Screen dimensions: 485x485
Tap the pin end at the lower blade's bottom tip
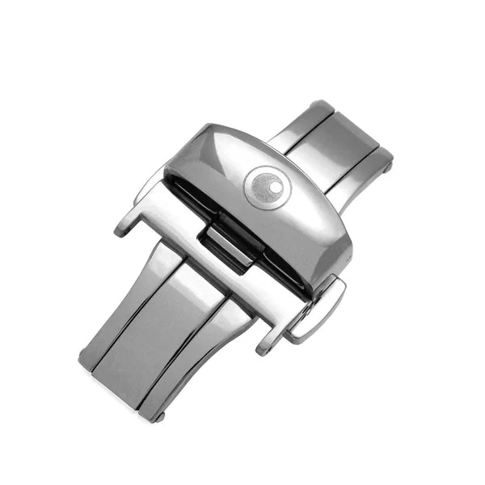[158, 417]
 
